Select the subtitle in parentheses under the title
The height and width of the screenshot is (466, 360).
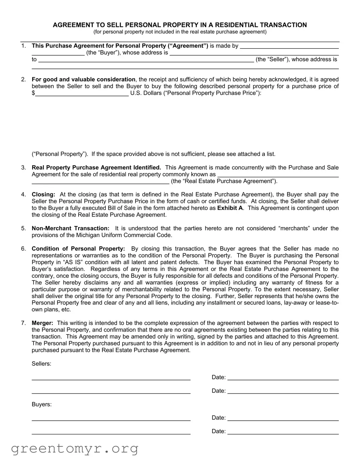pos(180,32)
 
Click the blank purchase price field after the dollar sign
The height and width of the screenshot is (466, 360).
pos(82,93)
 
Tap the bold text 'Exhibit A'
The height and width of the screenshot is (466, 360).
pos(230,208)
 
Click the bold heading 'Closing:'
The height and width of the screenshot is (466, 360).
pos(43,195)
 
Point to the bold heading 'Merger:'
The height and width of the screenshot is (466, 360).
pos(42,323)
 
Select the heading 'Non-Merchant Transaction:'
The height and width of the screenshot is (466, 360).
pos(70,229)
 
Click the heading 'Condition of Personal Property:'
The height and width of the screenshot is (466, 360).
pos(78,249)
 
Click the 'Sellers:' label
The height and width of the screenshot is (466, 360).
pos(41,364)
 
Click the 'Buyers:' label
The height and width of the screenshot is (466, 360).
pos(42,405)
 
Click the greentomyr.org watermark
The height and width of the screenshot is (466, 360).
pos(74,449)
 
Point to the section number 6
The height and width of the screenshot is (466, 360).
pos(23,249)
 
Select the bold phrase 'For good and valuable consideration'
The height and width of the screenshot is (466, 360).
pos(84,80)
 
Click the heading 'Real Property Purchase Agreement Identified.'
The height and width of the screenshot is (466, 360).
pos(96,168)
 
